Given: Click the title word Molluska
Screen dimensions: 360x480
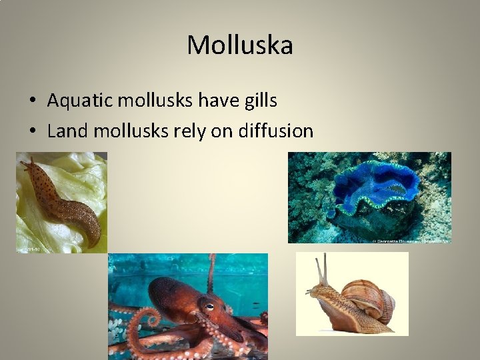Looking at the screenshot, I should click(x=239, y=45).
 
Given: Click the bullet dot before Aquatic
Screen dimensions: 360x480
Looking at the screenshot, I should click(x=33, y=101).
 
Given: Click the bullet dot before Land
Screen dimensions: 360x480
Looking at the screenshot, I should click(x=33, y=131).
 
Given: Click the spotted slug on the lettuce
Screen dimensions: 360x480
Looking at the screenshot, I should click(x=63, y=200).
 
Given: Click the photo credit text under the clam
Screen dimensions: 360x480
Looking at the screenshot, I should click(x=414, y=240).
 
